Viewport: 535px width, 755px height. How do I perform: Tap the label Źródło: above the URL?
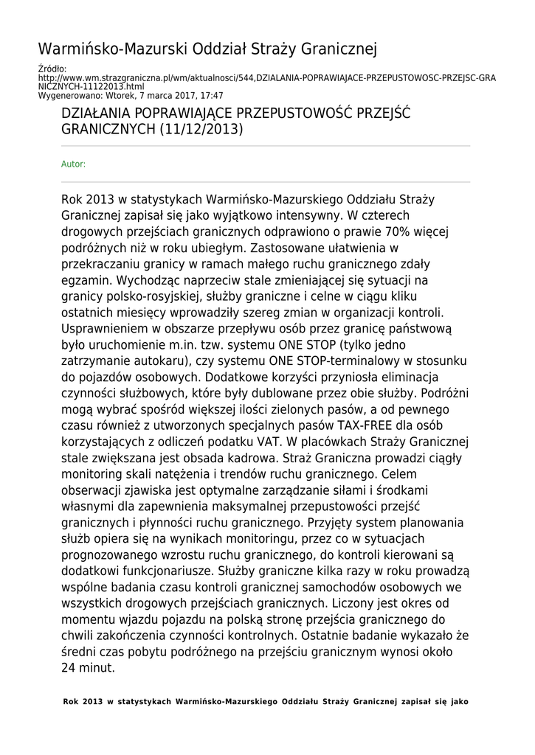point(52,69)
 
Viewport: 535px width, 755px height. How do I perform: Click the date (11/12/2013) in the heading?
point(201,129)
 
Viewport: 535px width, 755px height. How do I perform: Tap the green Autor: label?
point(73,164)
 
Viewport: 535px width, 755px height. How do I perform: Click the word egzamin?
point(85,280)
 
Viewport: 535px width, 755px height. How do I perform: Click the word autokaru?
point(184,361)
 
